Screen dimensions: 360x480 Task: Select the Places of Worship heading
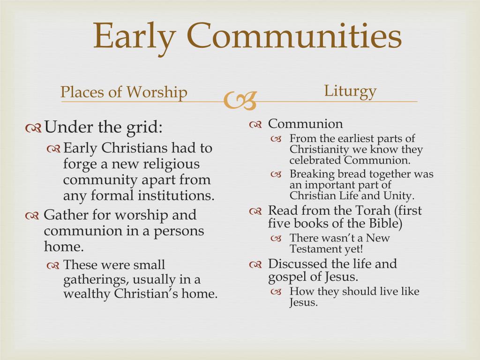pyautogui.click(x=124, y=92)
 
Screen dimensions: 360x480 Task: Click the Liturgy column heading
pyautogui.click(x=350, y=90)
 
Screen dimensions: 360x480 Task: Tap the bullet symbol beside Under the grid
pyautogui.click(x=34, y=127)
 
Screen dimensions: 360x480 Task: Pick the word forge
pyautogui.click(x=78, y=165)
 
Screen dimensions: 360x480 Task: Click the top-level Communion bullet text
pyautogui.click(x=305, y=124)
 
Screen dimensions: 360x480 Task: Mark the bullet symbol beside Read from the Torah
pyautogui.click(x=255, y=212)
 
